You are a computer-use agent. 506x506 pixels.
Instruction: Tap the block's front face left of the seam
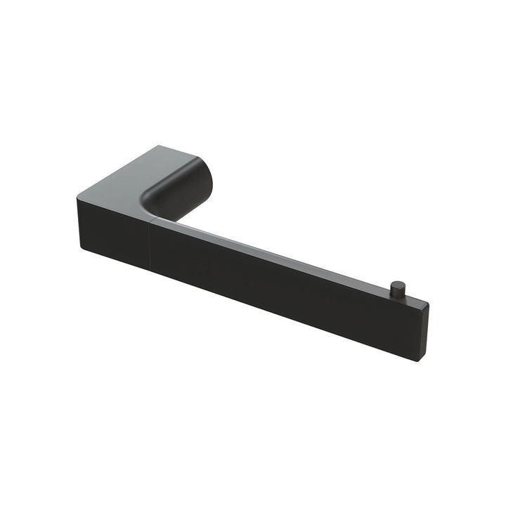point(112,225)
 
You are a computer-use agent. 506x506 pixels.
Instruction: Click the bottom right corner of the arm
point(420,361)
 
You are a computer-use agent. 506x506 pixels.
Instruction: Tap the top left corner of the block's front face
point(75,198)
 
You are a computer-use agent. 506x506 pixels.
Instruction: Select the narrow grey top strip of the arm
point(281,253)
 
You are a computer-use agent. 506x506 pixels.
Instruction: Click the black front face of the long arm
point(281,288)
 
